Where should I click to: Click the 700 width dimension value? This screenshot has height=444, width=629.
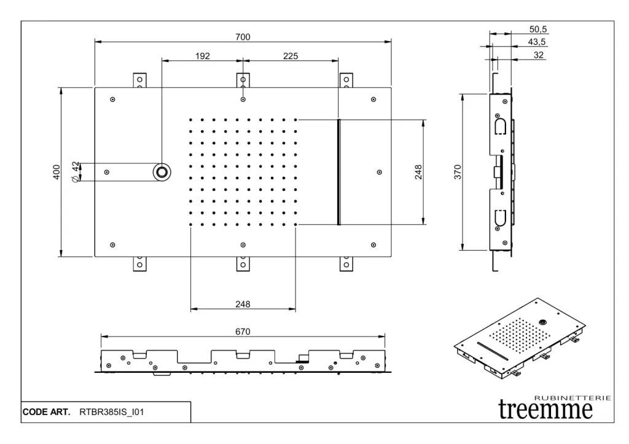tap(243, 37)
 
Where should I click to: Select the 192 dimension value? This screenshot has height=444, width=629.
tap(203, 56)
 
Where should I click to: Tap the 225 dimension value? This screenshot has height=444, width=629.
tap(291, 56)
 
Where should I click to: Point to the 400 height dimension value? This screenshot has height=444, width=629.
tap(56, 172)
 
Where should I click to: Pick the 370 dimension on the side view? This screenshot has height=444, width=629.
tap(457, 172)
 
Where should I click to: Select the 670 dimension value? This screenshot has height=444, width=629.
tap(243, 332)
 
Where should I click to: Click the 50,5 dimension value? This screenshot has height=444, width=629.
tap(537, 29)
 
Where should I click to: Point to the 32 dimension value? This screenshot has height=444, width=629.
tap(539, 55)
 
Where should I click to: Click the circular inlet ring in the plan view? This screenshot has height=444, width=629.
tap(162, 172)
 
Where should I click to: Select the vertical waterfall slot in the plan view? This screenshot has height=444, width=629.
tap(338, 172)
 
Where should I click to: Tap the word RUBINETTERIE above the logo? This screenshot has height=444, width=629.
tap(574, 398)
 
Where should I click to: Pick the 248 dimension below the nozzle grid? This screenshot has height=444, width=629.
tap(243, 304)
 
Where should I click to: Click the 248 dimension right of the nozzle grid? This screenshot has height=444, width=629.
tap(418, 172)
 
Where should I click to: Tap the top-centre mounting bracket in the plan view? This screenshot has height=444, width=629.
tap(243, 80)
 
